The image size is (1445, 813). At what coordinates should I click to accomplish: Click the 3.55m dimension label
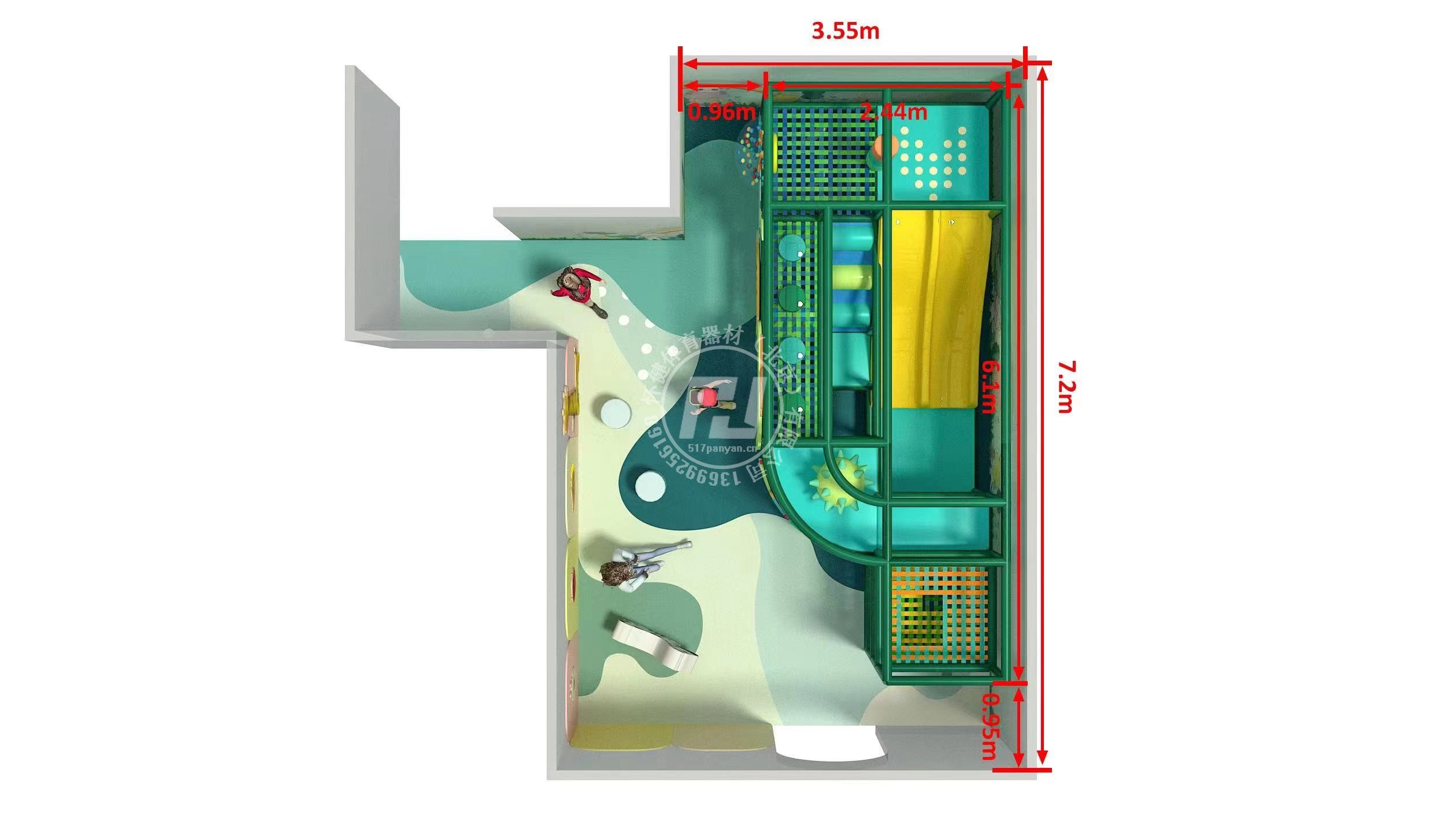845,31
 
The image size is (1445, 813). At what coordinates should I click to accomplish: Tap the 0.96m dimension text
722,112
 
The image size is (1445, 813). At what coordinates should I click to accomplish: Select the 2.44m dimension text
893,112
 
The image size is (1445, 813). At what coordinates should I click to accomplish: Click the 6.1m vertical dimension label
989,386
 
